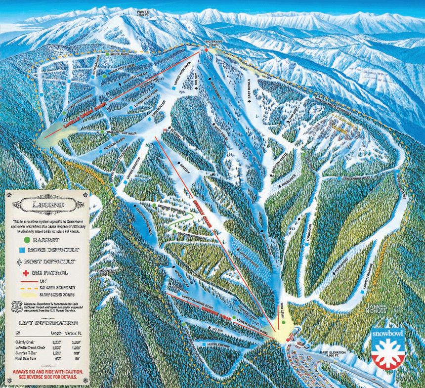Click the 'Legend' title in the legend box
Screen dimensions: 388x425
point(45,204)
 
